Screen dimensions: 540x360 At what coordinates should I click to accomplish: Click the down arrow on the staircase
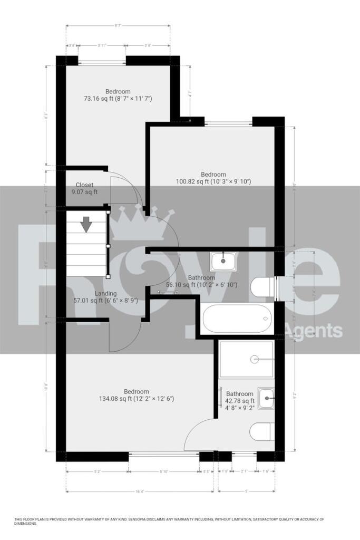86,225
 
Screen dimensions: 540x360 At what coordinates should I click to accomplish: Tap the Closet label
85,185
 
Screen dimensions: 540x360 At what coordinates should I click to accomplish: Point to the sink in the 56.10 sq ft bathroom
223,260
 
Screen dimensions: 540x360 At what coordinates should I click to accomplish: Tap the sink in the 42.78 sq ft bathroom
266,396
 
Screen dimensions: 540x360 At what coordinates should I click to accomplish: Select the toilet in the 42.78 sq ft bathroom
262,431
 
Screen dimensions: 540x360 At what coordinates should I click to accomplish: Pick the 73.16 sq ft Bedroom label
118,91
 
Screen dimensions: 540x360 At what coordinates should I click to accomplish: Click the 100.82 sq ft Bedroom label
213,175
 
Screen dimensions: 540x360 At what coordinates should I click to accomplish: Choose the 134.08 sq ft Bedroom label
136,391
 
